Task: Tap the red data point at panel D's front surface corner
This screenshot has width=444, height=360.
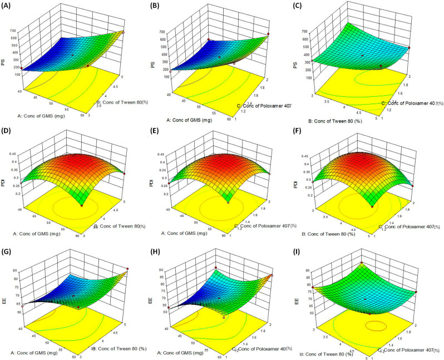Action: coord(82,205)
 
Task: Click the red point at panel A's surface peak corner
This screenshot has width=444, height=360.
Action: coord(123,32)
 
